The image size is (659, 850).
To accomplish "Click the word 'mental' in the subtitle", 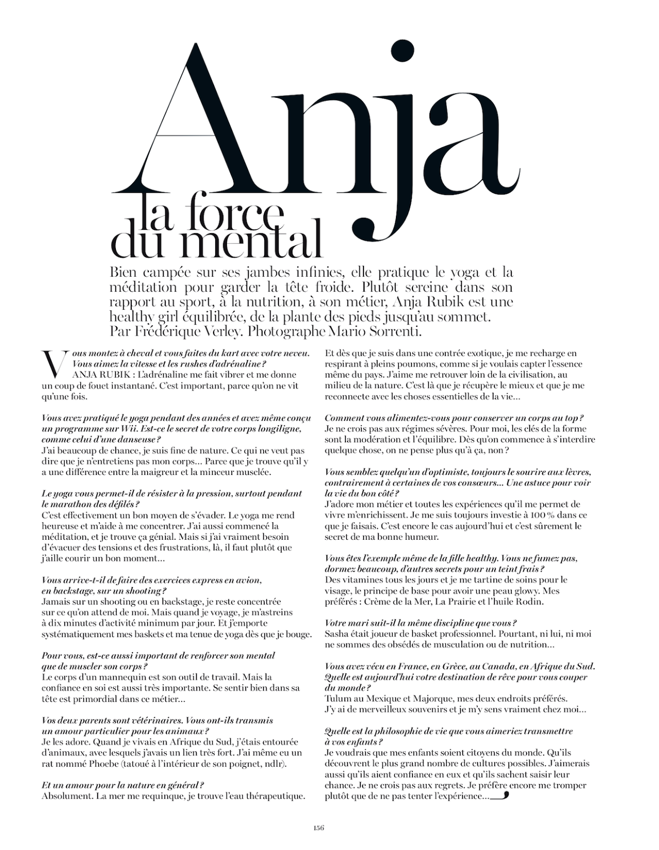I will pos(249,243).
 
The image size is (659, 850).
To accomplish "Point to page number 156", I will pos(318,828).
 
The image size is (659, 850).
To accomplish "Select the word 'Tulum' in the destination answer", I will pos(337,699).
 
